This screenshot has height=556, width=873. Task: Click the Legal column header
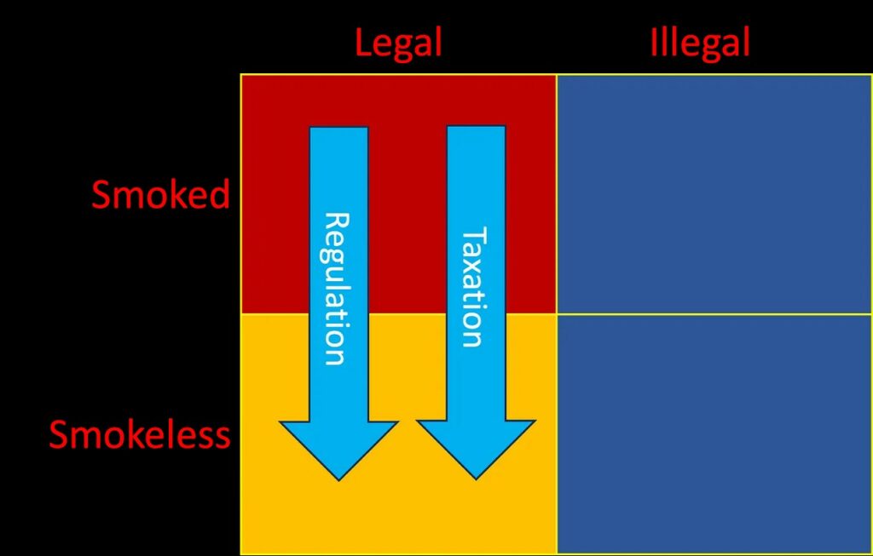[x=398, y=43]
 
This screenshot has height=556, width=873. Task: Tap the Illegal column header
[x=699, y=42]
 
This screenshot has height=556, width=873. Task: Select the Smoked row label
[x=160, y=195]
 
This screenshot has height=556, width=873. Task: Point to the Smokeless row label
[x=140, y=434]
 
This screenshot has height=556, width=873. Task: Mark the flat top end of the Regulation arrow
[x=338, y=129]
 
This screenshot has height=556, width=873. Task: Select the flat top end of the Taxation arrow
[x=476, y=129]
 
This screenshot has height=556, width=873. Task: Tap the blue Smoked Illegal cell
[x=714, y=194]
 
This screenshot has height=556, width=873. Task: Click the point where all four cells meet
[x=557, y=314]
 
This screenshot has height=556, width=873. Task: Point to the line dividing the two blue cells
[x=714, y=314]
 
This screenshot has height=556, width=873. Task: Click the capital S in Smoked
[x=101, y=196]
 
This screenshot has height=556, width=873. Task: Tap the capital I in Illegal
[x=655, y=42]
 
